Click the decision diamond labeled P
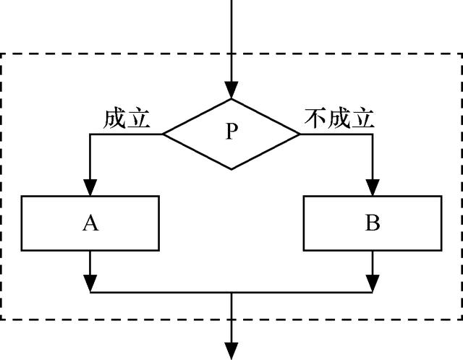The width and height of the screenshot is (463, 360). click(x=231, y=134)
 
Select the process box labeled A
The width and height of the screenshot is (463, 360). click(x=90, y=223)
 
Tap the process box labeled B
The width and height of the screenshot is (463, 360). click(x=373, y=223)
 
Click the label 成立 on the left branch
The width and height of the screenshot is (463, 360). click(x=127, y=119)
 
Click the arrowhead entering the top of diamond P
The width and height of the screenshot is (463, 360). click(x=231, y=91)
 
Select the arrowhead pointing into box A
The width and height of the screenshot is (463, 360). click(x=90, y=188)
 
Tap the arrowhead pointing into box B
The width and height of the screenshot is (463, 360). click(x=373, y=188)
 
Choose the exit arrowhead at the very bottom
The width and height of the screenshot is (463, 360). click(x=231, y=351)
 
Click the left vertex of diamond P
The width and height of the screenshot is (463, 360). click(x=163, y=134)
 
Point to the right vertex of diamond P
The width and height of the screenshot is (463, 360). click(x=300, y=134)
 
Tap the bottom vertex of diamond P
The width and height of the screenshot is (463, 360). click(x=231, y=169)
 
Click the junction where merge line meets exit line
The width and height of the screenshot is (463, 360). click(x=231, y=293)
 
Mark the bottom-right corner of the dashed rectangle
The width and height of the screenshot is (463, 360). click(x=460, y=319)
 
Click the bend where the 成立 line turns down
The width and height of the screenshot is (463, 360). click(x=90, y=134)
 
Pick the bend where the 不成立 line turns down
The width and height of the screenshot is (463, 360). click(x=373, y=134)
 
